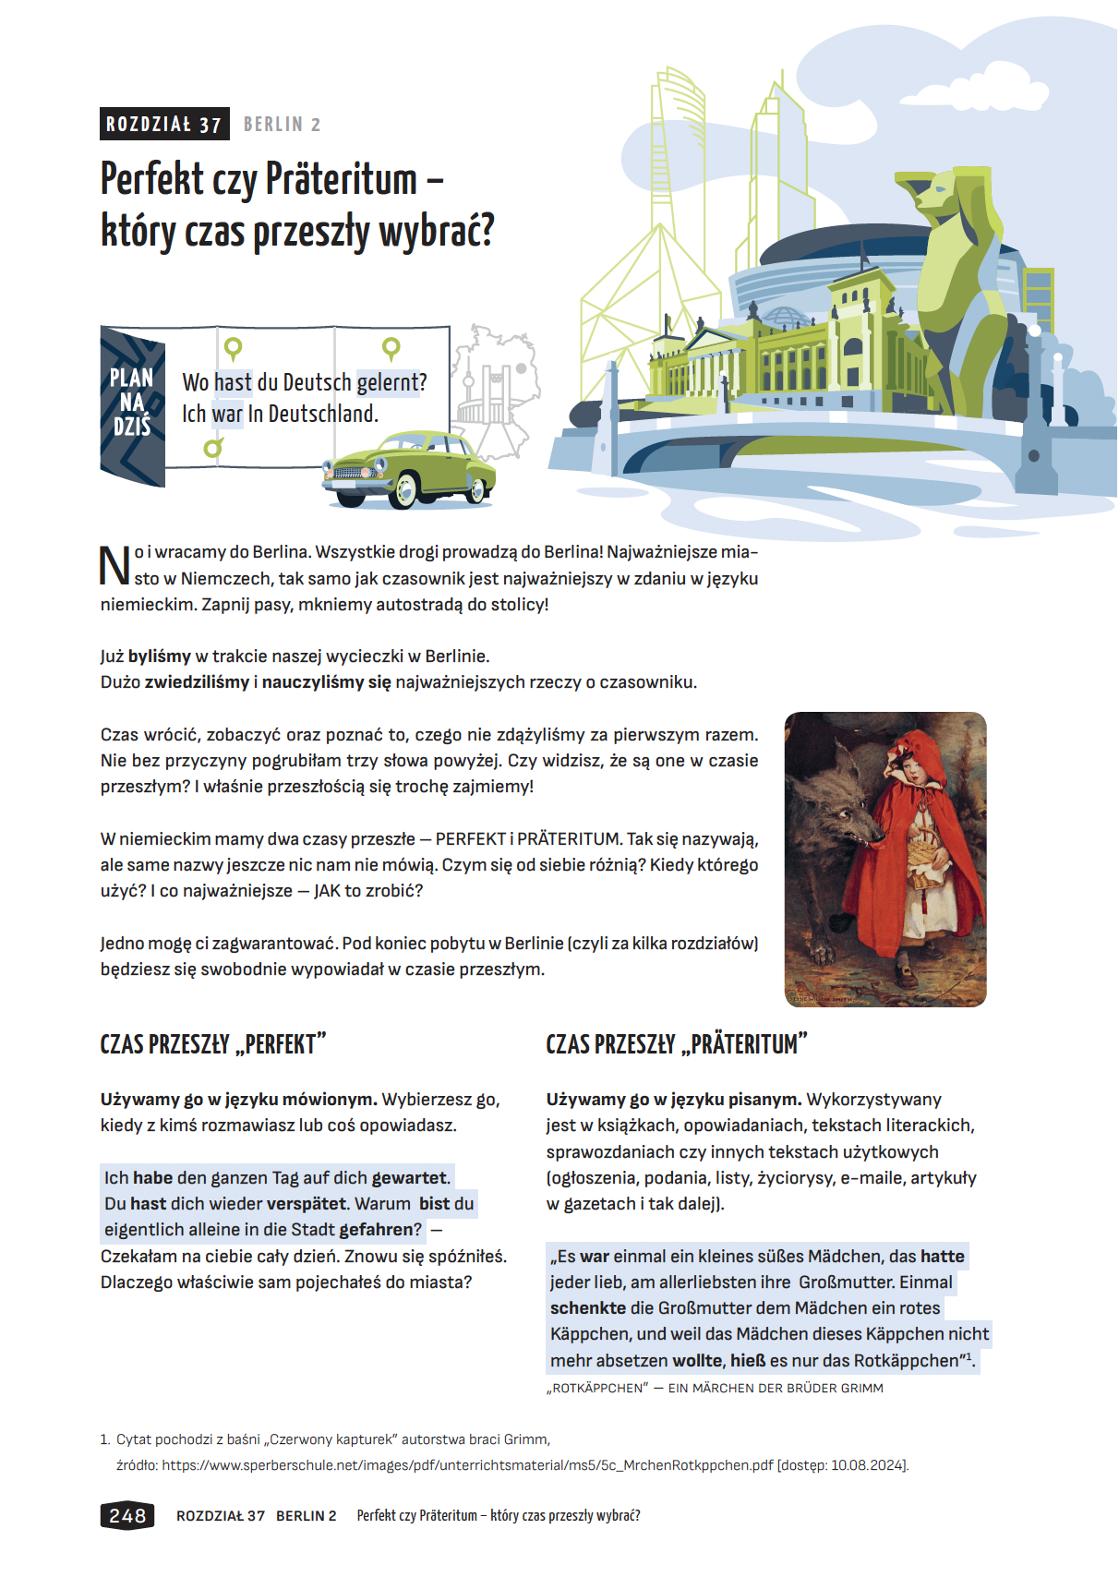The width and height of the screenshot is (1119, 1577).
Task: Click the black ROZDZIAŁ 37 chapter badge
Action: coord(164,125)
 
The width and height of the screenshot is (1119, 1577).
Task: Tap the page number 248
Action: coord(127,1515)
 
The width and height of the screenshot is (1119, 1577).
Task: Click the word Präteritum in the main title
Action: coord(341,179)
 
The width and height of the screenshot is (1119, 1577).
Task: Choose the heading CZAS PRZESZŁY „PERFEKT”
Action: coord(213,1044)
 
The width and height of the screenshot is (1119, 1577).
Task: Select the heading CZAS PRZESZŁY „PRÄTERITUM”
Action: coord(676,1044)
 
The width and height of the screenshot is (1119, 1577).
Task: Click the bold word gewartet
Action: coord(409,1177)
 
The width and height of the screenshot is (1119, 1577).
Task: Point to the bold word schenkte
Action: coord(588,1307)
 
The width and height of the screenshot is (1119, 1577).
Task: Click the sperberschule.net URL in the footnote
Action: coord(467,1464)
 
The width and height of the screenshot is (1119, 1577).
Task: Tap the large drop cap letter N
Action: coord(114,565)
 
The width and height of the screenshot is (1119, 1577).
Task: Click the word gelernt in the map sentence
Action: coord(391,382)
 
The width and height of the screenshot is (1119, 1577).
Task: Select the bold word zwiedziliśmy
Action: coord(197,681)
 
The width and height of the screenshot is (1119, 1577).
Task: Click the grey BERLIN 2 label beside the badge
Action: coord(282,125)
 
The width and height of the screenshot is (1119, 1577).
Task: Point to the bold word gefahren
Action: coord(379,1229)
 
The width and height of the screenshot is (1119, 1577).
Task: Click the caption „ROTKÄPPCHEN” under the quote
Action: coord(597,1388)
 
